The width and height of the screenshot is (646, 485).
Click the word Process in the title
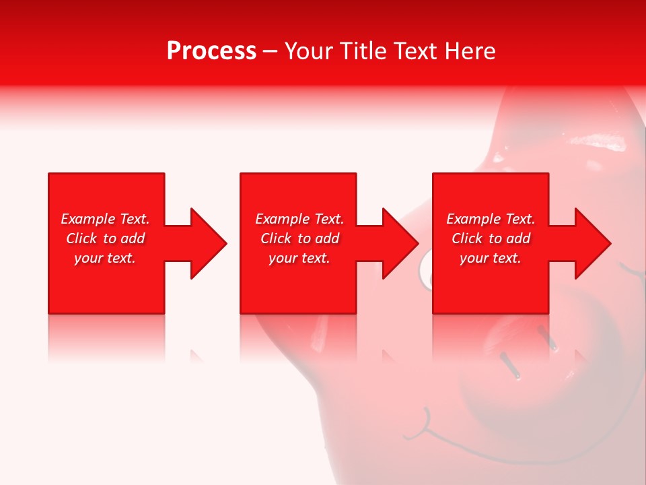click(x=211, y=51)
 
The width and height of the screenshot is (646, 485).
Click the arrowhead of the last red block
click(x=592, y=243)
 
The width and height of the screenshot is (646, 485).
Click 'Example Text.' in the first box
click(x=105, y=219)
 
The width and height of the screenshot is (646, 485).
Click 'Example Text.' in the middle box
click(x=299, y=219)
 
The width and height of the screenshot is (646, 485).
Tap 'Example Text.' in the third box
click(x=491, y=219)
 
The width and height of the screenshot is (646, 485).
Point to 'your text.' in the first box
click(x=105, y=258)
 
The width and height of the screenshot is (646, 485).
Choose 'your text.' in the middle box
click(x=299, y=258)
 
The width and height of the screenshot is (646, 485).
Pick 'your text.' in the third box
click(x=491, y=258)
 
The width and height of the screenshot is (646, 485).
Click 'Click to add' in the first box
click(x=105, y=238)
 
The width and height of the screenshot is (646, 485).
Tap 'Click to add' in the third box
click(x=491, y=238)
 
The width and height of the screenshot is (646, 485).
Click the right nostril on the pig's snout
click(x=550, y=340)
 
